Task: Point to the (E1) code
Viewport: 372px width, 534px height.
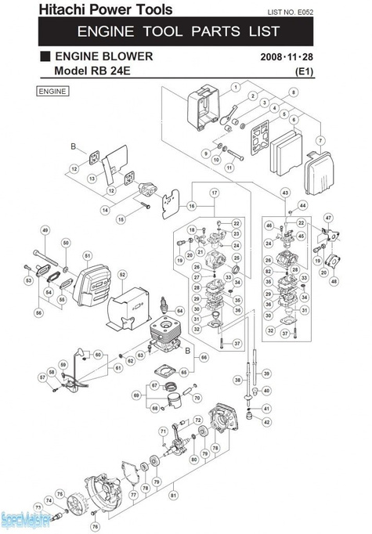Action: pos(302,72)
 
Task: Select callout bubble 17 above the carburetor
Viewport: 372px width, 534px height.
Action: pos(215,193)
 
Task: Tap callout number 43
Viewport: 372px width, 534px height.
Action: pos(285,193)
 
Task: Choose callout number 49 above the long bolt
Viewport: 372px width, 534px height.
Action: pos(45,229)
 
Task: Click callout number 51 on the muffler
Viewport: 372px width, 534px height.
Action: pos(88,255)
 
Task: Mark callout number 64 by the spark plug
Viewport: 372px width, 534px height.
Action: pos(180,311)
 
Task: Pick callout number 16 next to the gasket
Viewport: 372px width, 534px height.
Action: pos(190,205)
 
